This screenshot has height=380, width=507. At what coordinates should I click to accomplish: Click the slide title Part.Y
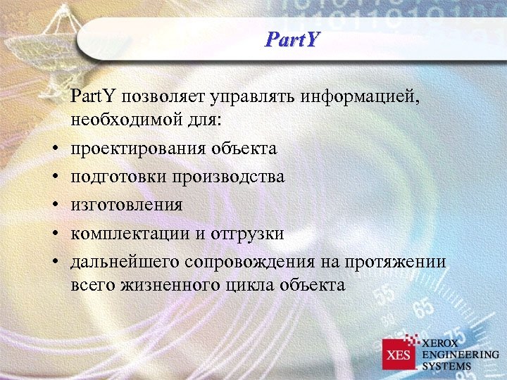tap(292, 37)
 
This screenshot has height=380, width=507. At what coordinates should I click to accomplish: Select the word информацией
tap(362, 95)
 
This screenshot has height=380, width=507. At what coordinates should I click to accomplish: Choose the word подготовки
tap(114, 177)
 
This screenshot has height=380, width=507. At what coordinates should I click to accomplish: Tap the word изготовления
tap(126, 205)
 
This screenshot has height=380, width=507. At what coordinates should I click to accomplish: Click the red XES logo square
tap(399, 354)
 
